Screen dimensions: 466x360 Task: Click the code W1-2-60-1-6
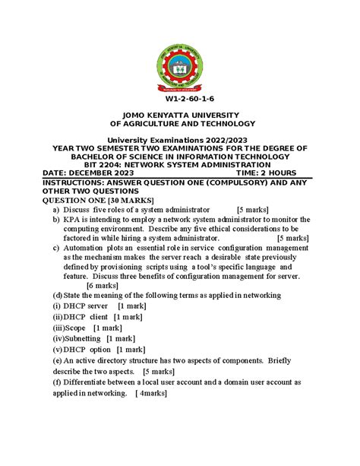[179, 100]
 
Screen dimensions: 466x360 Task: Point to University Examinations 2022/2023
[180, 141]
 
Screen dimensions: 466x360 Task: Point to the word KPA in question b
[72, 218]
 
